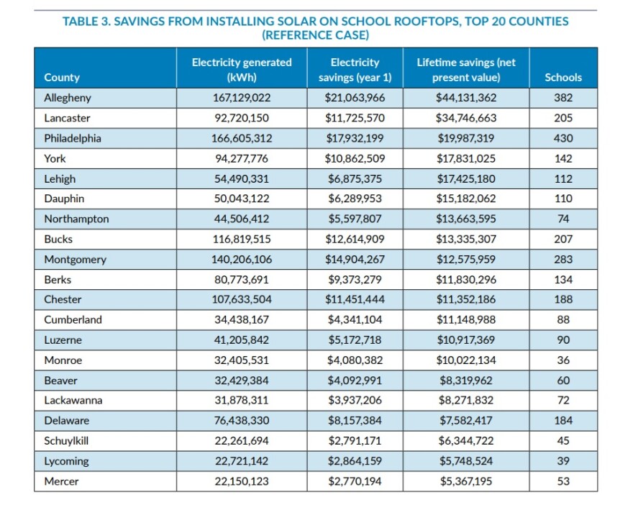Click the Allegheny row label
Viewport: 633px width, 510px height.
(68, 98)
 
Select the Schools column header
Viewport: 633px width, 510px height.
(563, 77)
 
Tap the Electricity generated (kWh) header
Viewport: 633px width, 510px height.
(242, 70)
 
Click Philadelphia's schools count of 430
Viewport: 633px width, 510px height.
(563, 138)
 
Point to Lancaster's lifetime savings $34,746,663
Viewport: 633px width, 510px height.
(466, 118)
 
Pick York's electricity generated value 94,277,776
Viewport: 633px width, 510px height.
(242, 158)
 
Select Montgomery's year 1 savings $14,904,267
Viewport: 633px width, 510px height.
(355, 260)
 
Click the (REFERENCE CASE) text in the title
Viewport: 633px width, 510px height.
(315, 35)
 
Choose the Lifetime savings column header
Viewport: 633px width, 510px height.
(466, 70)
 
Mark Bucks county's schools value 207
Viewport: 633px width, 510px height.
(563, 239)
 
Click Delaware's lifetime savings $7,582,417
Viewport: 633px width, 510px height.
(466, 421)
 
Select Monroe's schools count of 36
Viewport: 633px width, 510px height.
(563, 360)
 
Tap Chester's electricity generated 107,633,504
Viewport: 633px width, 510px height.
(242, 299)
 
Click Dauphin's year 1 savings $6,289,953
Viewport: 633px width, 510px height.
(355, 199)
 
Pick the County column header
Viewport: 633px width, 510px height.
(62, 77)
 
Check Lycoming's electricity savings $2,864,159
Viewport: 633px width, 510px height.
(355, 461)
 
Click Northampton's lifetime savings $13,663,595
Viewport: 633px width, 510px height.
(466, 219)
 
